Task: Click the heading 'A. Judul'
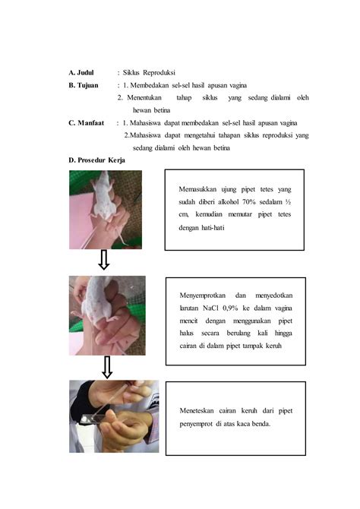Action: click(x=84, y=72)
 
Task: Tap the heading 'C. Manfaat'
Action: click(x=89, y=122)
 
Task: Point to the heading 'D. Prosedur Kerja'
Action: click(x=98, y=160)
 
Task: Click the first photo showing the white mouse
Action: click(x=106, y=210)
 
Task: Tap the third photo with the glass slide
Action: click(x=114, y=416)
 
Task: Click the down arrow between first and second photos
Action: click(x=105, y=261)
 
